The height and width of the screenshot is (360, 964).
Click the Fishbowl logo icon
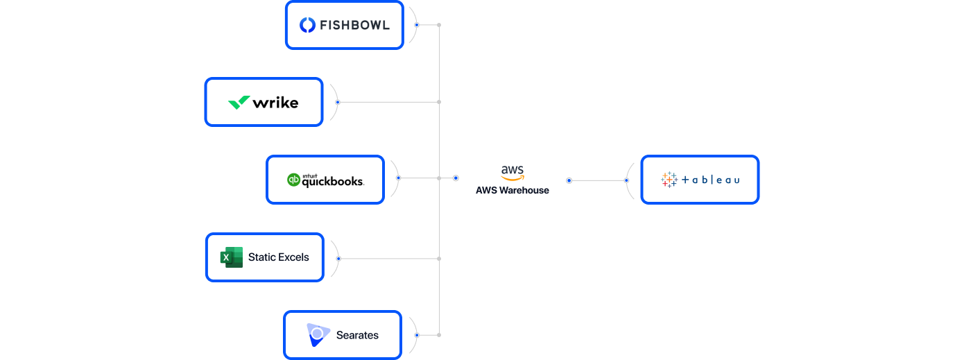307,25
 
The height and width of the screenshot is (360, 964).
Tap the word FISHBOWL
354,26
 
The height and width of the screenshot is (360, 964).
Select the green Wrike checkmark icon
239,103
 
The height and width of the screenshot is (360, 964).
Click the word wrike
275,103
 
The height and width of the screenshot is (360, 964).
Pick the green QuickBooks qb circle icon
293,180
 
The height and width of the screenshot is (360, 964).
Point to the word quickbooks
332,182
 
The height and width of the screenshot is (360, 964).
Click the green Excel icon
232,257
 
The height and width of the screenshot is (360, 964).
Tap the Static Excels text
279,257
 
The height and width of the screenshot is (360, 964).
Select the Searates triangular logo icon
317,334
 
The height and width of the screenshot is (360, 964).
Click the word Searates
357,335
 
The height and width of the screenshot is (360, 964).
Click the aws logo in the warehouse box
513,173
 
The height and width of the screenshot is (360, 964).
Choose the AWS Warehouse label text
513,190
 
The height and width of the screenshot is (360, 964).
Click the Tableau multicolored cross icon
669,180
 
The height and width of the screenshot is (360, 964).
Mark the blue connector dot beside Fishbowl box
417,25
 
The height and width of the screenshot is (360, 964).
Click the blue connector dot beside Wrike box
338,102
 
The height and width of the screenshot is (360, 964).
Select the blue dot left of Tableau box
626,180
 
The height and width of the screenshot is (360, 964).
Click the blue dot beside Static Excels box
338,259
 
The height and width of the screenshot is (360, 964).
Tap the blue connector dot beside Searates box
417,335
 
